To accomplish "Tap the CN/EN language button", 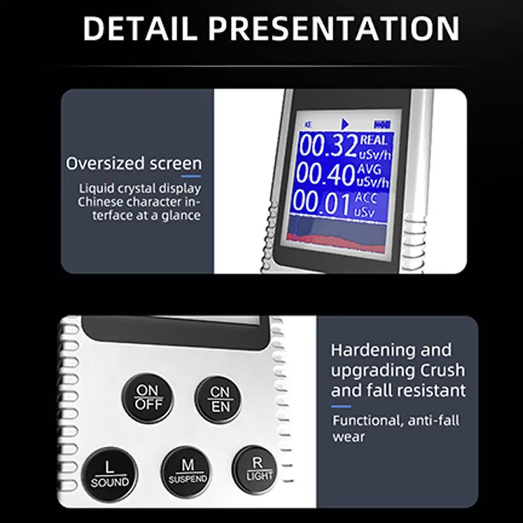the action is click(x=219, y=400).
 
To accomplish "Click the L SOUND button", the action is click(x=110, y=474).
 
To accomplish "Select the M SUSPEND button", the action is click(x=187, y=471).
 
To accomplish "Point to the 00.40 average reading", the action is click(x=325, y=175).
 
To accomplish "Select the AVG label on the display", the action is click(x=369, y=169).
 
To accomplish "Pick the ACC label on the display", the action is click(x=365, y=198).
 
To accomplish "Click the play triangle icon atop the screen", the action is click(x=345, y=124).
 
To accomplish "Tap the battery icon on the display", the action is click(x=382, y=125).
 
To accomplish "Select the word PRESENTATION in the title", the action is click(x=334, y=28).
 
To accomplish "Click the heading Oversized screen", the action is click(x=134, y=164).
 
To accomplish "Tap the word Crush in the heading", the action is click(x=443, y=370).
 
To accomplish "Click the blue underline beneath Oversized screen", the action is click(x=191, y=176).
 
